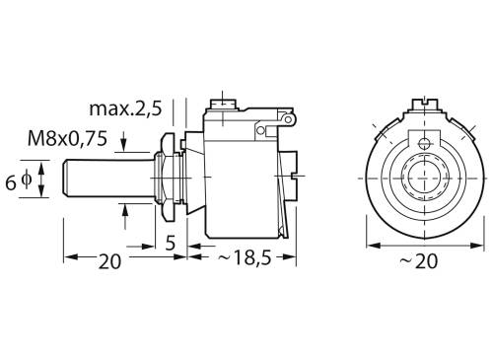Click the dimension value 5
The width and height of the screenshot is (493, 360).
170,241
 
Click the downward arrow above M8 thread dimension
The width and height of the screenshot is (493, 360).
123,148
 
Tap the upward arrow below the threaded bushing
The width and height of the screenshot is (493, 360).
123,209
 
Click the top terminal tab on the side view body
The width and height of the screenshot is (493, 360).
226,100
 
